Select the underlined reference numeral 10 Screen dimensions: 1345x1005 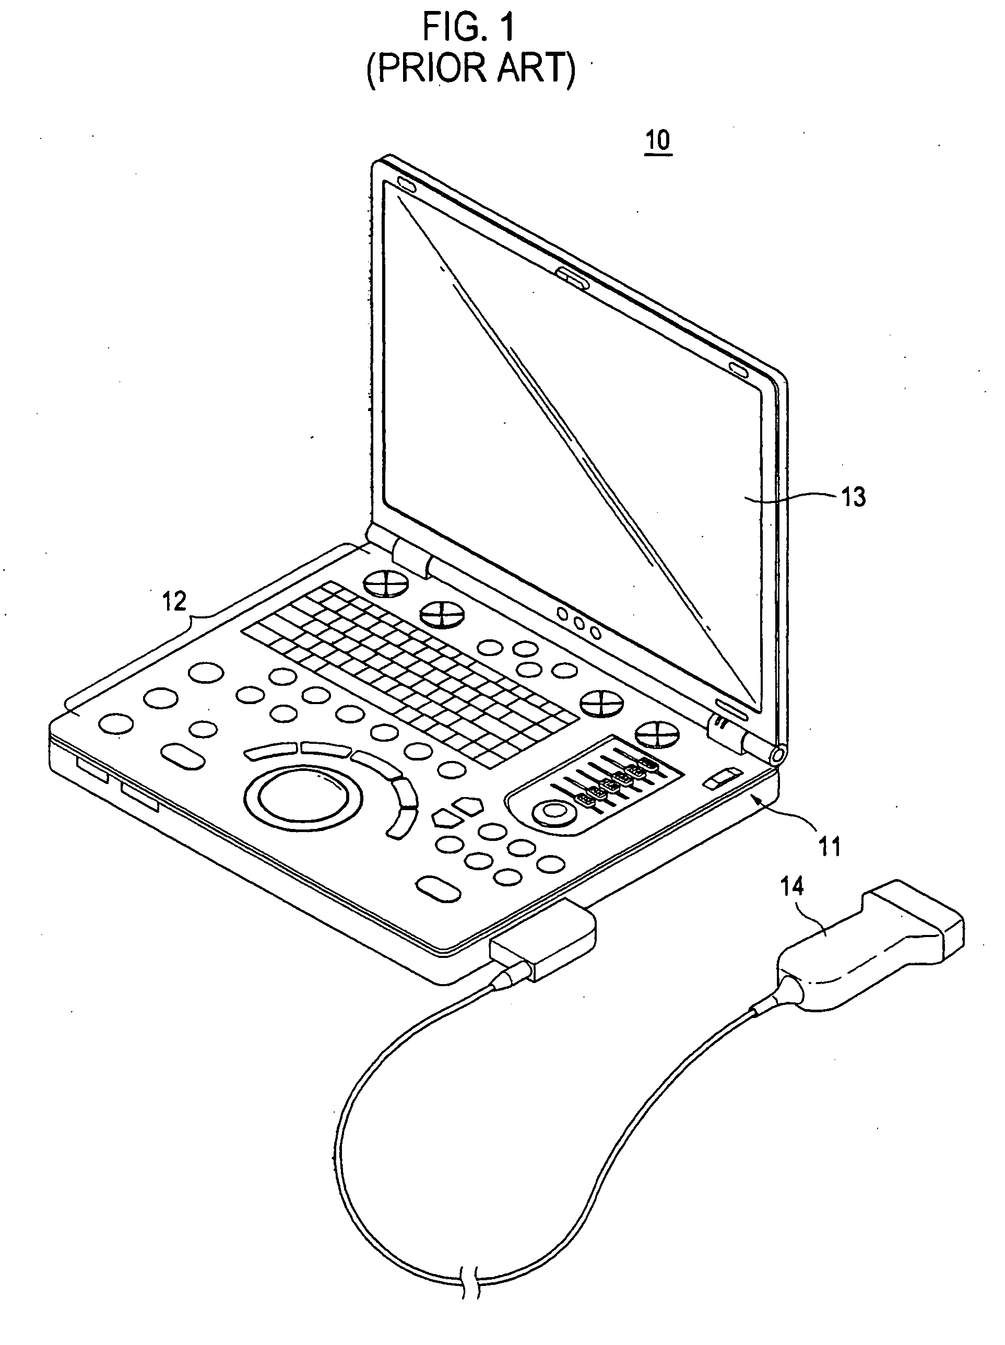(657, 141)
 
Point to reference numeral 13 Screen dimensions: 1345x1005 (853, 497)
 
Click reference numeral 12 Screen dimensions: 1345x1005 (174, 601)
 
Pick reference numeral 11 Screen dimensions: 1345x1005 (830, 846)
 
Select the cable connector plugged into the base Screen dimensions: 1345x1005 (542, 940)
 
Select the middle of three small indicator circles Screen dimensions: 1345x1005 (580, 623)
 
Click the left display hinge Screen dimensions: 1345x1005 (409, 556)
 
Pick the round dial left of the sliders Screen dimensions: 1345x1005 (552, 812)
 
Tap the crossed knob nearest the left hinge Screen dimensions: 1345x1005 (386, 586)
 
